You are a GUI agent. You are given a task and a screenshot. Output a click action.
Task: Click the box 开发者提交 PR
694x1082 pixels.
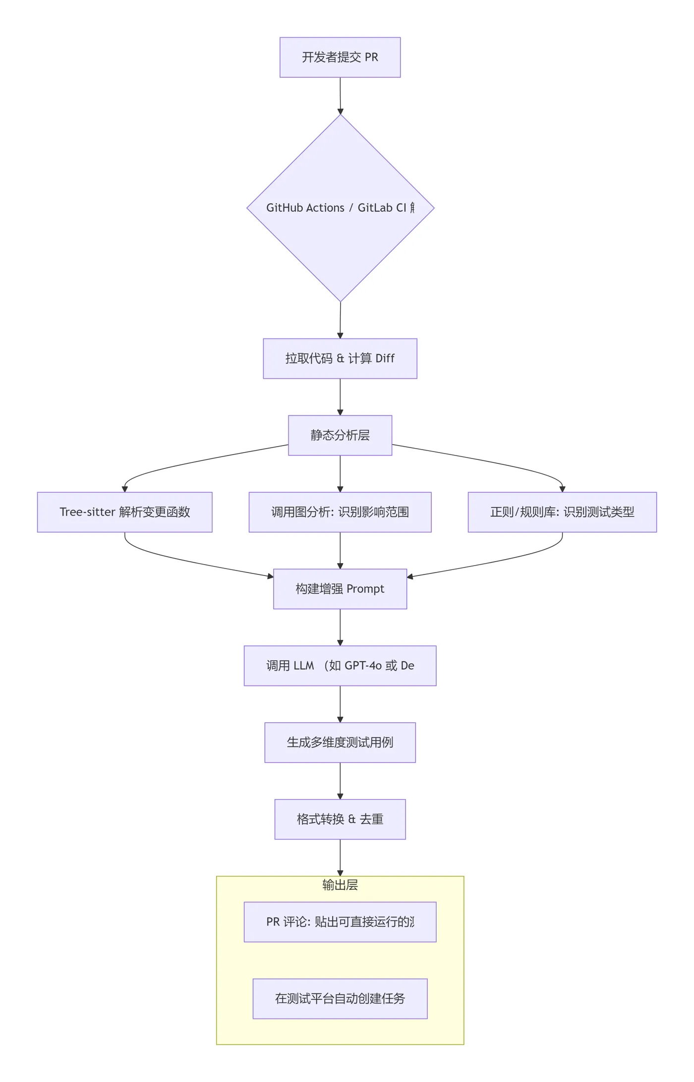(x=340, y=57)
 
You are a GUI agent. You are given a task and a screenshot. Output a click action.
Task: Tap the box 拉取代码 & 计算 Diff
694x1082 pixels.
(x=340, y=358)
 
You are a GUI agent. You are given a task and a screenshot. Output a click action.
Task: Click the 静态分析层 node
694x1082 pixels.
(x=340, y=435)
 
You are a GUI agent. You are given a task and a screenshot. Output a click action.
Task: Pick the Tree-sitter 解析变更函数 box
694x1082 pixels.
(x=124, y=512)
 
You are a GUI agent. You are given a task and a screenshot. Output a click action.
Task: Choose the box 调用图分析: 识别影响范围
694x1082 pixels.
(x=340, y=512)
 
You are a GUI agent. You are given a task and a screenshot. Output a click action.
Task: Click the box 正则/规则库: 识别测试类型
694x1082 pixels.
(x=562, y=512)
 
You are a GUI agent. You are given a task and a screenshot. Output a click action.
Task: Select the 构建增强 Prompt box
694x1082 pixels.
(x=340, y=589)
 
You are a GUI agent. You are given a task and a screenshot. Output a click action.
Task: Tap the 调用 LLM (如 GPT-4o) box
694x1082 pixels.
(x=340, y=666)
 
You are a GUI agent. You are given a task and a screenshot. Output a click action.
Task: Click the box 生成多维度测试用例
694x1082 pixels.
(x=340, y=742)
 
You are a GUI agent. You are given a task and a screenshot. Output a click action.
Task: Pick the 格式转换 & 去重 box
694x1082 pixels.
(x=340, y=819)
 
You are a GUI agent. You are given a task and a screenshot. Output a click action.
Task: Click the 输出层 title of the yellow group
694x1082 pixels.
(x=340, y=885)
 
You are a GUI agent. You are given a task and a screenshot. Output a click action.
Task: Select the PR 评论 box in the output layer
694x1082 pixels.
(x=340, y=922)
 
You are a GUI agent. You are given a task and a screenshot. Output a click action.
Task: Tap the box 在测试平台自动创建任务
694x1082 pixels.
(x=340, y=999)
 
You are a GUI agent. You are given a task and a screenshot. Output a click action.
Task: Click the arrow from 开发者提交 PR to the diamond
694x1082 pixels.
(x=340, y=96)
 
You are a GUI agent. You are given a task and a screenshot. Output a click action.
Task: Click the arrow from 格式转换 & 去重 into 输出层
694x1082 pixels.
(x=340, y=857)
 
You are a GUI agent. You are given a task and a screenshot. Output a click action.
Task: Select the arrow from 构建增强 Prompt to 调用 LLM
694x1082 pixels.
(x=340, y=627)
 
